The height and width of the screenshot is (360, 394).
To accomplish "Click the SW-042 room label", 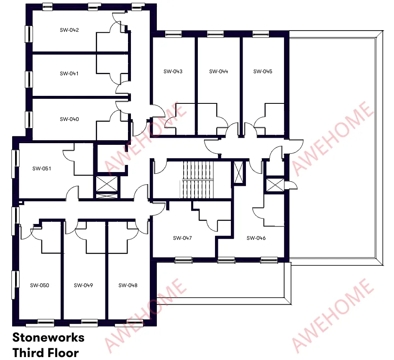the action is pos(69,30).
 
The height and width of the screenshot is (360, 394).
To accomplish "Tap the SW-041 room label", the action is pos(69,73).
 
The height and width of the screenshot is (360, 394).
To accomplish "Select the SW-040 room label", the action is pos(69,119).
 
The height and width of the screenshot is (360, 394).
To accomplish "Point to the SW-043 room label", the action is pos(173,72).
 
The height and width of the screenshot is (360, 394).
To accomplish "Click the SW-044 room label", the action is pos(219,72).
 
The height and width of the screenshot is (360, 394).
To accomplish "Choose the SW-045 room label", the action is pos(263,72).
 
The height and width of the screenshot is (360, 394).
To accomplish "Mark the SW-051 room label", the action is pos(42,168).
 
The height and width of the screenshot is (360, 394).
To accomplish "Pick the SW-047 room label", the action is pos(182,238).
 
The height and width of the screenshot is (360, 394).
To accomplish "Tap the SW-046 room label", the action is pos(256,238).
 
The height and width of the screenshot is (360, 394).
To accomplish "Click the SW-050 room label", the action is pos(39,285).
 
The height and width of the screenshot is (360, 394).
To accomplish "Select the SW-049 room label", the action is pos(83,285).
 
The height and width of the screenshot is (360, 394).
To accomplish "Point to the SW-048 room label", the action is pos(128,285).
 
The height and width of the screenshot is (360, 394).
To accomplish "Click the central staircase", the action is pos(198,180).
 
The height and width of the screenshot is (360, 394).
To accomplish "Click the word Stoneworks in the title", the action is pos(48,337).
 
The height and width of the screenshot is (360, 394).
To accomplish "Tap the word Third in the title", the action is pos(26,352).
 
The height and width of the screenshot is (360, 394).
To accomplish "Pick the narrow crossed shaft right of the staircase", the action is pos(238,172).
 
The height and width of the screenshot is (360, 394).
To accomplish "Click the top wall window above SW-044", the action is pos(215,34).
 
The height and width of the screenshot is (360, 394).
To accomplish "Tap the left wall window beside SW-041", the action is pos(29,79).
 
